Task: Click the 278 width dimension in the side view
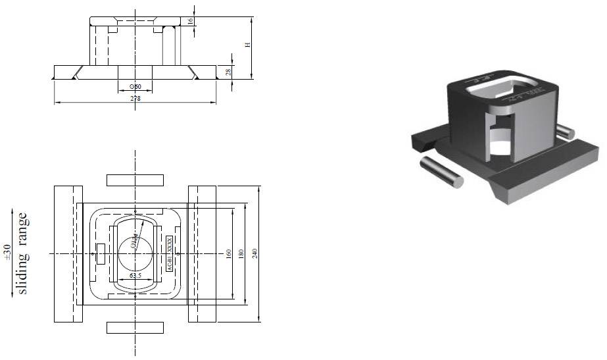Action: [135, 99]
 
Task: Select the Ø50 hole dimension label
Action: [135, 86]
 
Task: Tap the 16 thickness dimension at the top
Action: [191, 21]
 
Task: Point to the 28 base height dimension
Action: [228, 72]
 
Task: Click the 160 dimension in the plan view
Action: [230, 254]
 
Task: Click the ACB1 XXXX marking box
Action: [169, 254]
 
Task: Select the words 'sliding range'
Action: [23, 253]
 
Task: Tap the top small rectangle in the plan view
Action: [135, 180]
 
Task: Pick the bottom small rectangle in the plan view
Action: [135, 328]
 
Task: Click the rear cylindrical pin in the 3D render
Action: [565, 131]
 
